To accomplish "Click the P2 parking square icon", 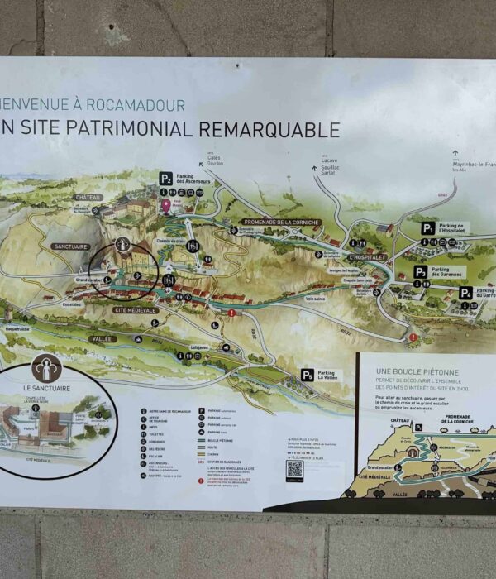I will click(x=166, y=178).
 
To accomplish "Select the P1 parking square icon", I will click(x=427, y=228).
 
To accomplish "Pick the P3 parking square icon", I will click(x=421, y=271).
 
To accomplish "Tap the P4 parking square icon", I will click(x=466, y=294).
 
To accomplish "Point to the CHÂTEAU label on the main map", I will click(x=88, y=198).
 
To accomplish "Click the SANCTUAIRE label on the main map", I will click(x=69, y=246).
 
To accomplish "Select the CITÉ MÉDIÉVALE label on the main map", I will click(x=136, y=309).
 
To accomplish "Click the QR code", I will click(x=295, y=470).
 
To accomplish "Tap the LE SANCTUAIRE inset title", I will click(x=38, y=388).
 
